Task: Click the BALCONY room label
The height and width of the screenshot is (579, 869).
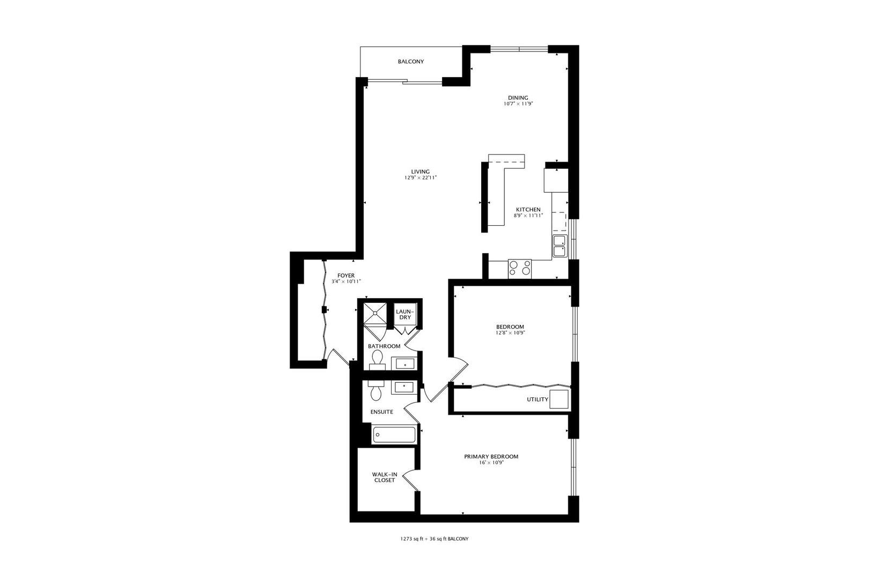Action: click(411, 62)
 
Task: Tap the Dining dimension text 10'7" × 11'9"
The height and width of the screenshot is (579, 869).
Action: click(518, 104)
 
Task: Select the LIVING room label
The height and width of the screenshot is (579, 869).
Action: click(421, 172)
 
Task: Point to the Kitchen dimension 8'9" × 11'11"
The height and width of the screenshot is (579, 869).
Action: click(528, 216)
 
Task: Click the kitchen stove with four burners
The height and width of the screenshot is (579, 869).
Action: click(520, 268)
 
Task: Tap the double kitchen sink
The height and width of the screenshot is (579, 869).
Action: click(559, 246)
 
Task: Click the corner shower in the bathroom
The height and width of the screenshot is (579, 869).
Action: click(375, 314)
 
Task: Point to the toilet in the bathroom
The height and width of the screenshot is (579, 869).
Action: click(377, 360)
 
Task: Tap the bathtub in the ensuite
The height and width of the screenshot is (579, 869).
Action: click(394, 434)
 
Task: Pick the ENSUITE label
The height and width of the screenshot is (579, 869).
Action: click(382, 412)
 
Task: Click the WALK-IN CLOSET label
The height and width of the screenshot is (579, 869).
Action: click(385, 477)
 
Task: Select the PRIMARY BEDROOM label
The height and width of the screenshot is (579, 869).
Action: click(491, 457)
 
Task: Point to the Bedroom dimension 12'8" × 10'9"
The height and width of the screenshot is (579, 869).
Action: click(510, 332)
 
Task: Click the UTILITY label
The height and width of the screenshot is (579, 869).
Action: click(537, 399)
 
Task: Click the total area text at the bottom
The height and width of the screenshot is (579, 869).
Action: click(431, 539)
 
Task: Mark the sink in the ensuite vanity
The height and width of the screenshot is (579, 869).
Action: click(402, 387)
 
